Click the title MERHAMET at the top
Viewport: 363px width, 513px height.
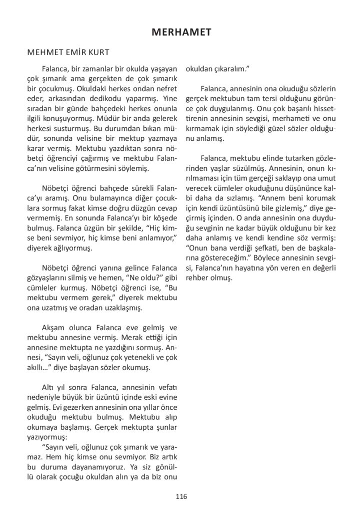[x=181, y=33]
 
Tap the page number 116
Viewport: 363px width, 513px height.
[x=181, y=496]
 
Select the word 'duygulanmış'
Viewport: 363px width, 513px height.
[x=230, y=109]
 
